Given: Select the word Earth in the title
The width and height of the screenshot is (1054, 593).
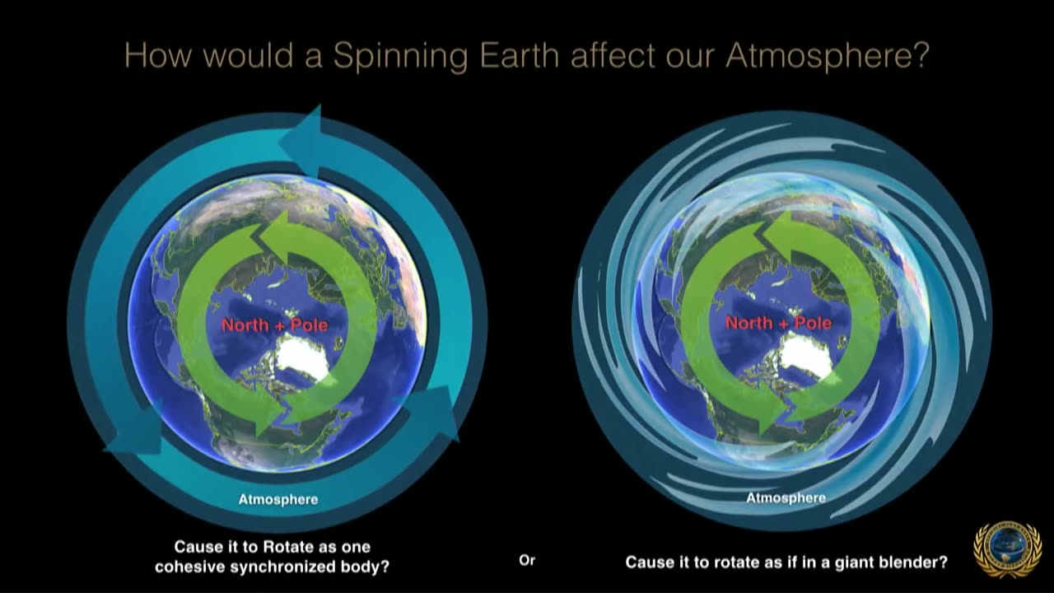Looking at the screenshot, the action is (x=519, y=55).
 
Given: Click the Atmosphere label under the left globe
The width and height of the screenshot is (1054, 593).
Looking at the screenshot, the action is (x=278, y=499).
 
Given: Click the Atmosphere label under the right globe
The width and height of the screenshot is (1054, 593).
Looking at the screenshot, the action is (x=786, y=497).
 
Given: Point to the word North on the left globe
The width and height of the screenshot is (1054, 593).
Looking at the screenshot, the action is (x=245, y=325).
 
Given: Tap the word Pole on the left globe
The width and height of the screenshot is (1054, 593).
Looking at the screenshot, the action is (x=309, y=325).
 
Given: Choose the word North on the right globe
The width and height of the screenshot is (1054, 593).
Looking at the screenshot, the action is (x=749, y=323).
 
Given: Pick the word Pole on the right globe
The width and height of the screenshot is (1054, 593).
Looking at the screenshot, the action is (x=813, y=323).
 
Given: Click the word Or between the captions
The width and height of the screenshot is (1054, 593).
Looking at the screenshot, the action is (x=527, y=561).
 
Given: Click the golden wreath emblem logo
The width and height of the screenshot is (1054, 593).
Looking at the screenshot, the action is (x=1007, y=549).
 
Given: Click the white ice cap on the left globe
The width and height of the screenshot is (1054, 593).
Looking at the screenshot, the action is (x=301, y=357).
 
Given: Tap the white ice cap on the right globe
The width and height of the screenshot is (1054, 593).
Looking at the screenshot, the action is (x=805, y=356).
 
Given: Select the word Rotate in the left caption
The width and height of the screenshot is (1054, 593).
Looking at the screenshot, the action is (x=289, y=547).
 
